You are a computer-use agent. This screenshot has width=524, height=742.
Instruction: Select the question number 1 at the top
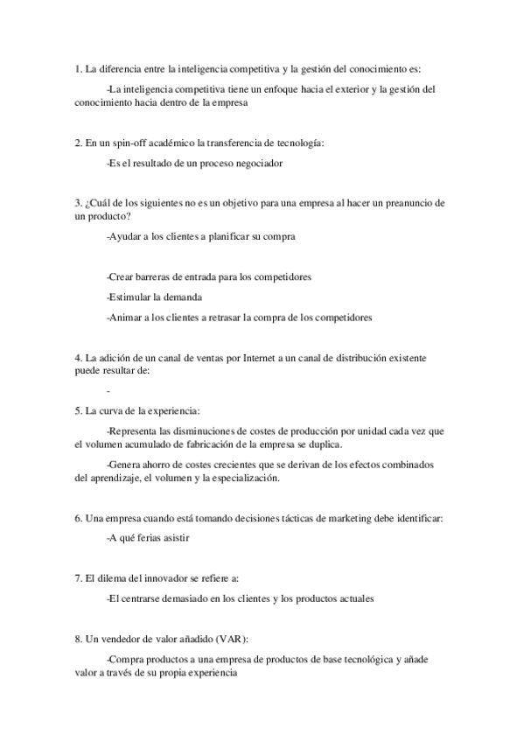coord(79,69)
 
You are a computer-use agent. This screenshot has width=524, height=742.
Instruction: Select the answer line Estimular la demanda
coord(148,297)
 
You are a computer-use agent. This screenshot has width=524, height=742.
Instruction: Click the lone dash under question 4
coord(107,391)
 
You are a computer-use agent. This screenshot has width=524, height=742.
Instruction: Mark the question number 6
coord(79,518)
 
